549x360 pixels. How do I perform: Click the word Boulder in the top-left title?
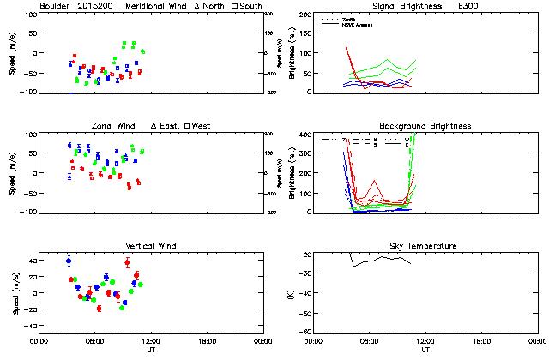coord(55,6)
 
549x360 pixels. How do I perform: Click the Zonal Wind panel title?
coord(115,126)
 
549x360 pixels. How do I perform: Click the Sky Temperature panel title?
coord(425,246)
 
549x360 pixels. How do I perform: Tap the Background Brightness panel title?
coord(425,126)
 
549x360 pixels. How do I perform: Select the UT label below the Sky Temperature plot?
coord(425,350)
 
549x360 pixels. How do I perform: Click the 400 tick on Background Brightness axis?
coord(306,135)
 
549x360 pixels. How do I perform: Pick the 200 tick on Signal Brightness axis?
coord(306,15)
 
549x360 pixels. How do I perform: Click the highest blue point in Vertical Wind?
coord(69,261)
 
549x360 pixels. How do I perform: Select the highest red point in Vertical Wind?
coord(127,262)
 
